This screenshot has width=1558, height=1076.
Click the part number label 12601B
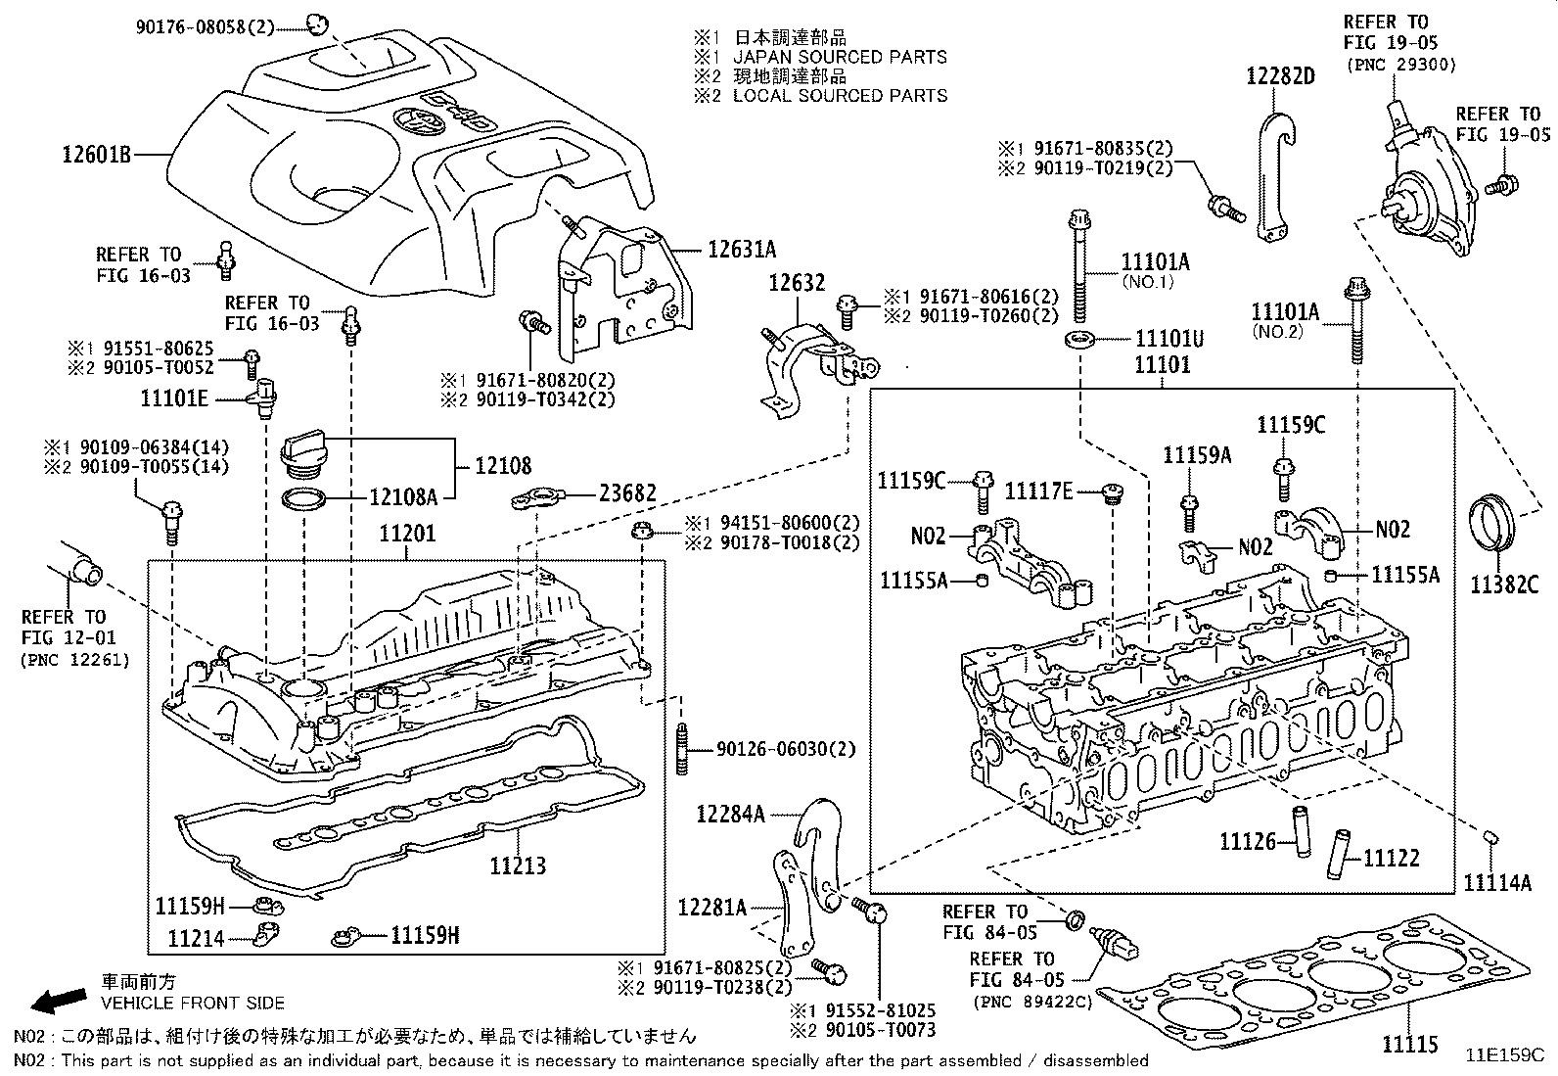tap(96, 154)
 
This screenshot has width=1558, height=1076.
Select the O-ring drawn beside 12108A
tap(304, 500)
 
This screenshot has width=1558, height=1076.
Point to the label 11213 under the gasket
tap(518, 865)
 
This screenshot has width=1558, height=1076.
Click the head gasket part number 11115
tap(1410, 1044)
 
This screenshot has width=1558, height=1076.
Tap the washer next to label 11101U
tap(1079, 340)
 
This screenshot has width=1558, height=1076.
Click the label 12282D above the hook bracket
tap(1280, 76)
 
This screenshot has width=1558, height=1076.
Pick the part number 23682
tap(628, 493)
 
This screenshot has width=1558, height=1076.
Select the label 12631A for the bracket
tap(741, 249)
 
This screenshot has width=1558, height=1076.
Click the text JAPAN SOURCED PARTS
tap(840, 57)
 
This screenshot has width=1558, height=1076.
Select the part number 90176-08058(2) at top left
tap(205, 28)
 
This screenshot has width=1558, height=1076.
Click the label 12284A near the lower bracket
tap(730, 814)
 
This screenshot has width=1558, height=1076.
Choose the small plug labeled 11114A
tap(1490, 838)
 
